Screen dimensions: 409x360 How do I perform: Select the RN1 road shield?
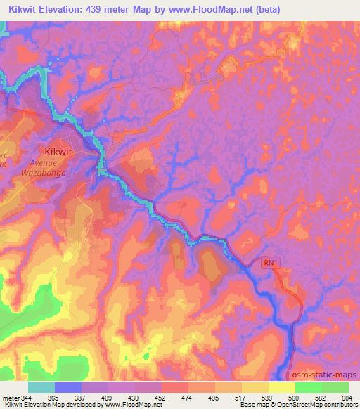(271, 262)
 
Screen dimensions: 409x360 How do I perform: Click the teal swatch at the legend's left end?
(41, 387)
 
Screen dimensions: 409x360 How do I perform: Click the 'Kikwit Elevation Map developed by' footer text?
(48, 405)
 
